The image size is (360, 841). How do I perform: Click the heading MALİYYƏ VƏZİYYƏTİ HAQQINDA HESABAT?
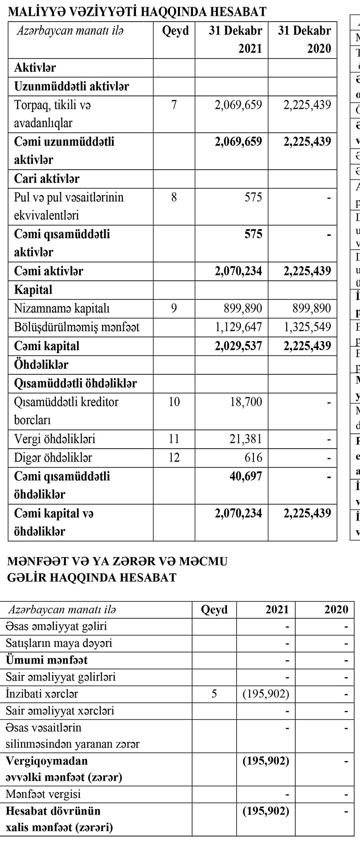point(137,12)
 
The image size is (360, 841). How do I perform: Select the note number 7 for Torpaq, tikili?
point(174,105)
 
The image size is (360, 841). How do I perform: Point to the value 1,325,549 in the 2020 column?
point(307,327)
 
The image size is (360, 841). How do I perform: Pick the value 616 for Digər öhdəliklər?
point(253,458)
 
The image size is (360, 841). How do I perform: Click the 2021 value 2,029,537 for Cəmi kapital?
point(238,346)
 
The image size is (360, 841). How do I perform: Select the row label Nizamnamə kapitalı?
point(62,308)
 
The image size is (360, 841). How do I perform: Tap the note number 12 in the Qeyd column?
point(174,458)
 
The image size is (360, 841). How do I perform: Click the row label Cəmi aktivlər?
point(49,271)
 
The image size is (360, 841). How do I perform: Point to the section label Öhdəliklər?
point(41,364)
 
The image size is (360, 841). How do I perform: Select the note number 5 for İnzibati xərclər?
point(214,693)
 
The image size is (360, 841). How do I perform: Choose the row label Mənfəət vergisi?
point(43,794)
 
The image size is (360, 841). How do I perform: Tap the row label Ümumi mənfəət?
point(46,660)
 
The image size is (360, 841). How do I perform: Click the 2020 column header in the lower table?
point(336,610)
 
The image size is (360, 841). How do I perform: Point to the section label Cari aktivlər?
point(47,179)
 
